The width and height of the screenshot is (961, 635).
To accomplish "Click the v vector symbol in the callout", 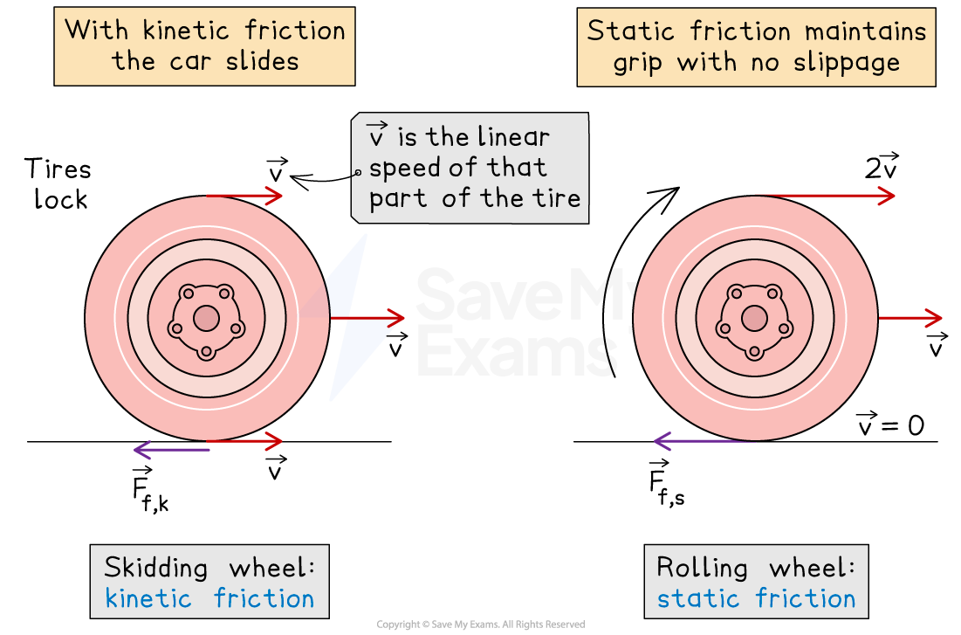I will tap(377, 136).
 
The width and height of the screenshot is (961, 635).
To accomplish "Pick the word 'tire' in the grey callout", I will tap(555, 198).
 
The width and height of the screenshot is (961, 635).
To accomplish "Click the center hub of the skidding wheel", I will tap(206, 318).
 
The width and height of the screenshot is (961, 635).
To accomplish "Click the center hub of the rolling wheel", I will tap(754, 318).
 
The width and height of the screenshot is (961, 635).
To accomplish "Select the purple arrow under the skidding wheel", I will tap(171, 450).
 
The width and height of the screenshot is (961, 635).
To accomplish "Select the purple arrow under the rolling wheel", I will tap(704, 442).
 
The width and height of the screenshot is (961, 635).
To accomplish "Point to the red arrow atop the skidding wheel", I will tap(244, 196).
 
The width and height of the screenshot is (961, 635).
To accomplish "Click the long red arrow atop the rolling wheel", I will tap(824, 196).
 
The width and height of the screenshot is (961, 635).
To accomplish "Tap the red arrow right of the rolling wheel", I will tap(910, 318).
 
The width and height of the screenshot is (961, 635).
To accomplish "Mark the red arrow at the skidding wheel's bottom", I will tap(245, 441).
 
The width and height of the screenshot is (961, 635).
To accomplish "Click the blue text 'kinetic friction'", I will tap(209, 599).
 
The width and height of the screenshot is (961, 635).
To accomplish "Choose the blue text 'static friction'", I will tap(756, 599).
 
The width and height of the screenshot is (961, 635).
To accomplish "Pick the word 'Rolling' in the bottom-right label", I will tap(702, 569).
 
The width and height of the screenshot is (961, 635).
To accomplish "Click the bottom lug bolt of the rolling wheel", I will tap(754, 352).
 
